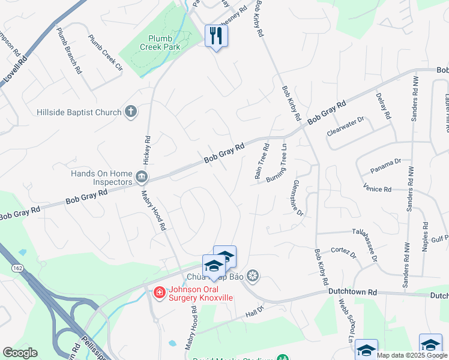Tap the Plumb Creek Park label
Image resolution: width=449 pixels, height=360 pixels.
(x=160, y=41)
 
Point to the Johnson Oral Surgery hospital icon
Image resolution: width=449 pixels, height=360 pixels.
(x=160, y=293)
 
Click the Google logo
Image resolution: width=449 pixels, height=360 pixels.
(x=20, y=352)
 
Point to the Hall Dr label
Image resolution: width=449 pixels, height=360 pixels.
(x=255, y=313)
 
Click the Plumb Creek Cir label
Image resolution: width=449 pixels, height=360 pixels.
(x=106, y=53)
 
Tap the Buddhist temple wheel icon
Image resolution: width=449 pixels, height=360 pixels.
(x=253, y=275)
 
